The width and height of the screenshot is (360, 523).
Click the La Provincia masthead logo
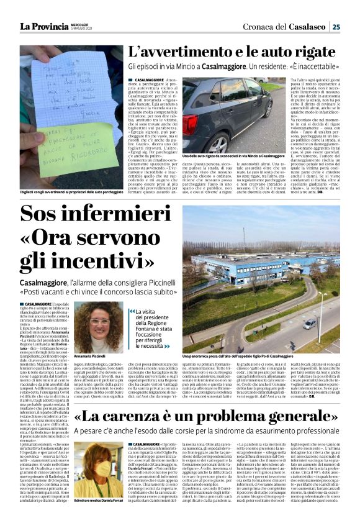click(x=43, y=27)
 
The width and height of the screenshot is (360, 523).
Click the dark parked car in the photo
click(x=236, y=115)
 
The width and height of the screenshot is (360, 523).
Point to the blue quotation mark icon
click(x=132, y=311)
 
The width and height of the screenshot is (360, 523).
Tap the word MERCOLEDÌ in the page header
click(x=83, y=24)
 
